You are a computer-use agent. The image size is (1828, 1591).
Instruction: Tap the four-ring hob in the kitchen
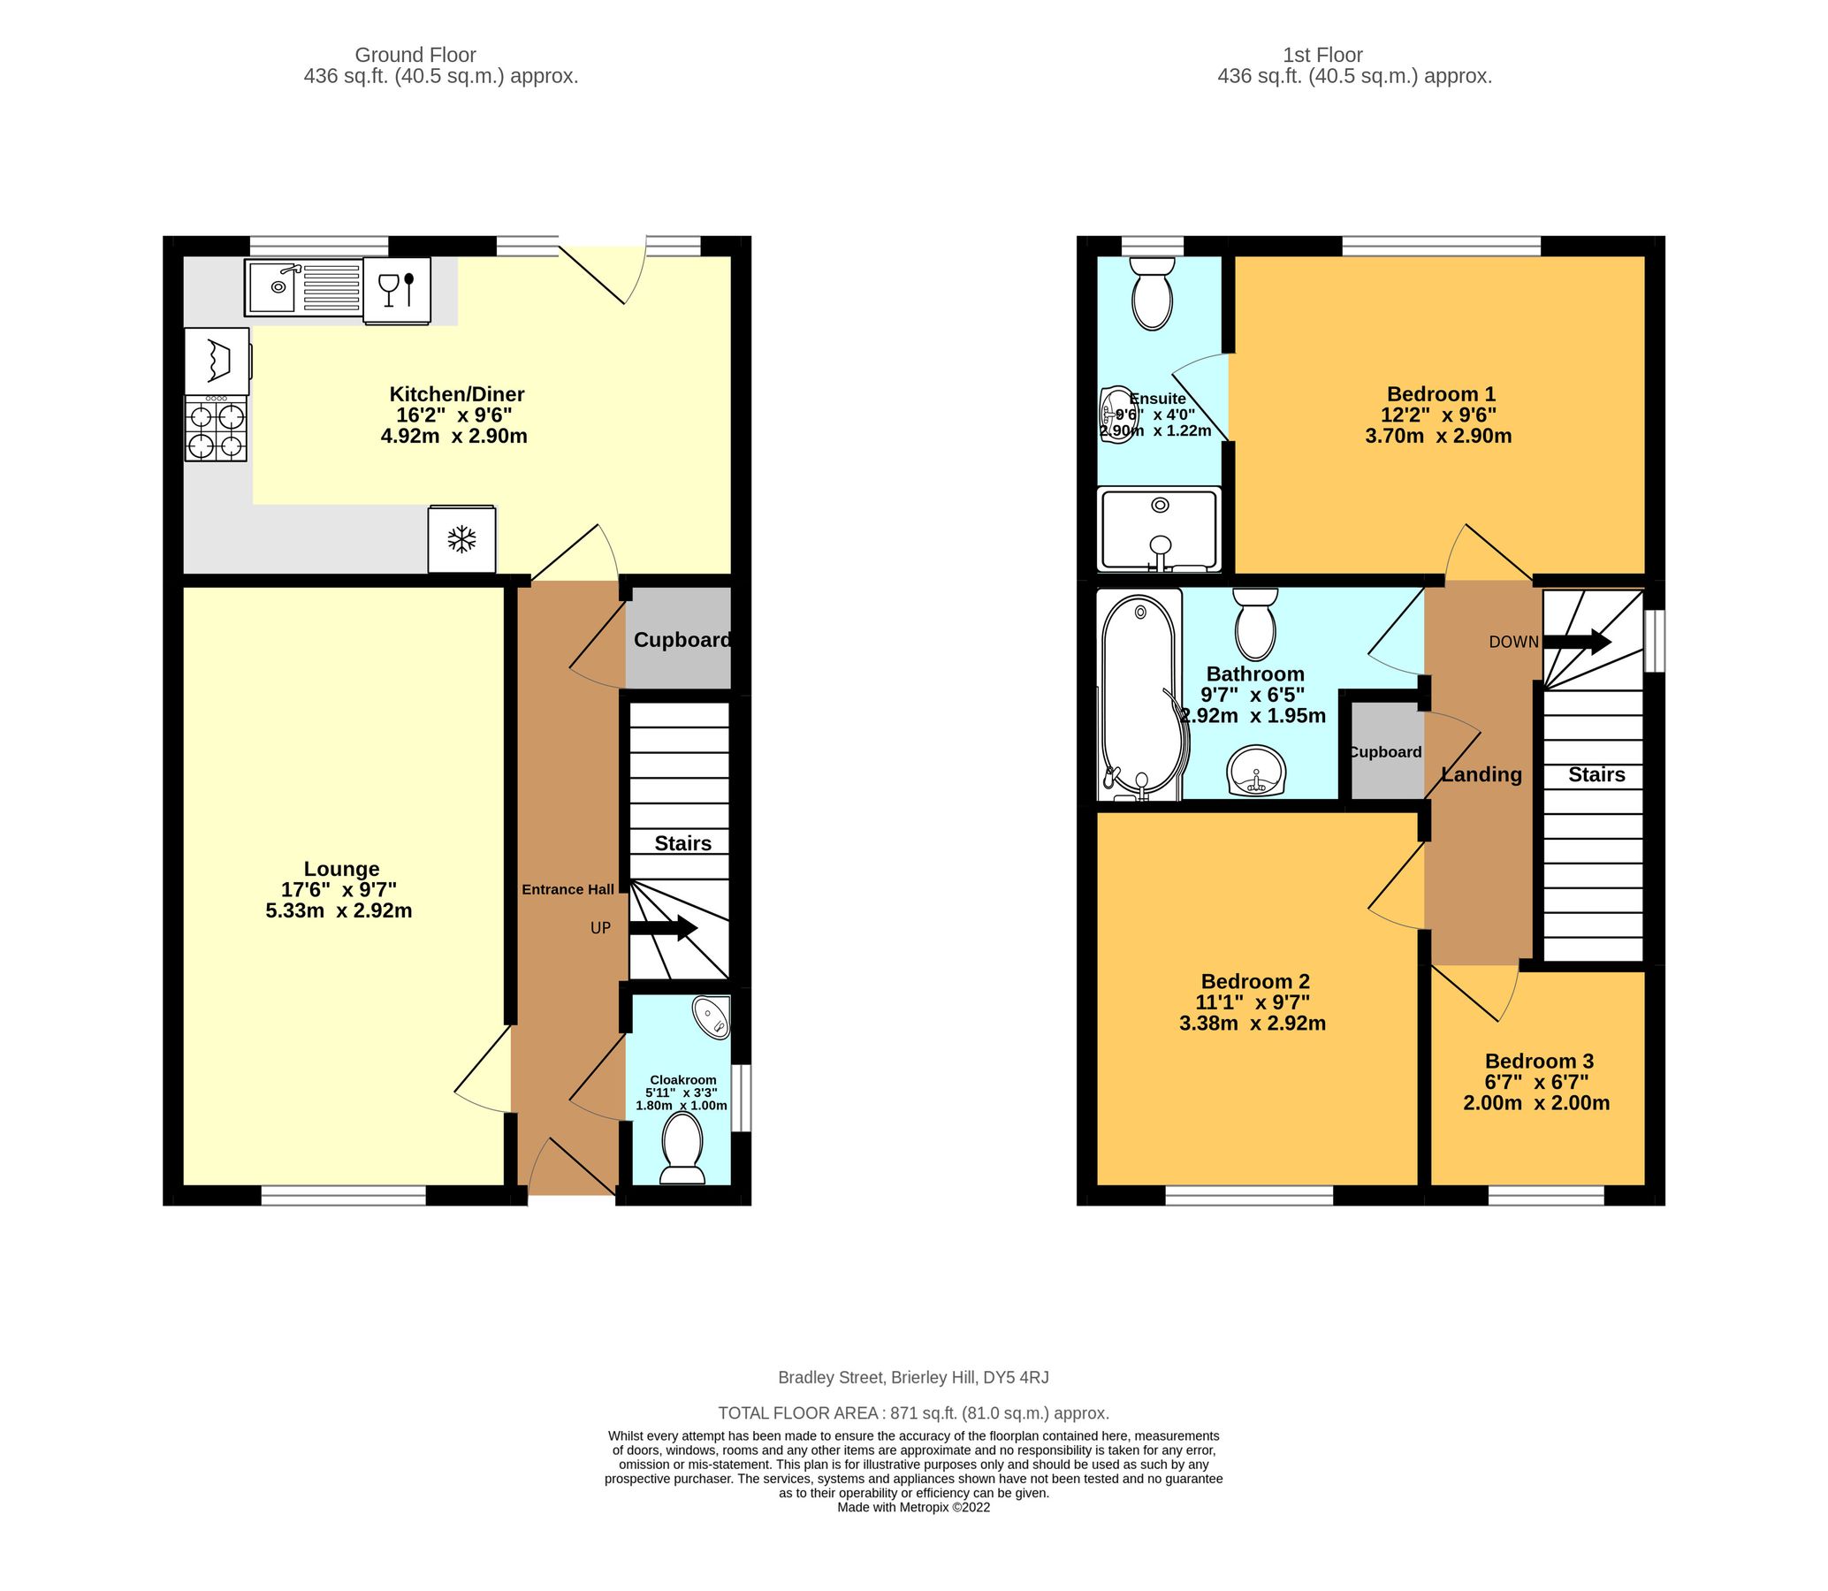[216, 429]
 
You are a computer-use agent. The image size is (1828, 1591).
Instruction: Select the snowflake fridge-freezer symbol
[461, 539]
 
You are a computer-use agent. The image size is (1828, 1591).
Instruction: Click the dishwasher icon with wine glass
[397, 289]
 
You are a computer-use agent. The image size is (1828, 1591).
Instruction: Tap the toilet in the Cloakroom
[682, 1147]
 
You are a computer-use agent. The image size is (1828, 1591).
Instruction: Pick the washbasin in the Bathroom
[1255, 771]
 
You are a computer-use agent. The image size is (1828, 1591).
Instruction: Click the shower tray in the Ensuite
[1160, 530]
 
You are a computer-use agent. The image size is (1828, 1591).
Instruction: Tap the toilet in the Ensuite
[1152, 293]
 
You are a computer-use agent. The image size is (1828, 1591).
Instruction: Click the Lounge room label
[341, 869]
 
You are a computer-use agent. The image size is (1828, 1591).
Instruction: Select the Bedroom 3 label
[1539, 1061]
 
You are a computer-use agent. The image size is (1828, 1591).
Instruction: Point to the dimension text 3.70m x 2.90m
[1437, 436]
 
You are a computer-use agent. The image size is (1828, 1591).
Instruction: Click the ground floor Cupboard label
[682, 640]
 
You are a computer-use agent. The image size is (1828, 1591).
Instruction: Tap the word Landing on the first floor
[1481, 774]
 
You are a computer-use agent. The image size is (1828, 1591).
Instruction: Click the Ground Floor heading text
[415, 55]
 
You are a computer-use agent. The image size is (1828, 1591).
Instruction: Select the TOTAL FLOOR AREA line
[912, 1412]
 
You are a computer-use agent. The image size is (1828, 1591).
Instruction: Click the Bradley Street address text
[912, 1378]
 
